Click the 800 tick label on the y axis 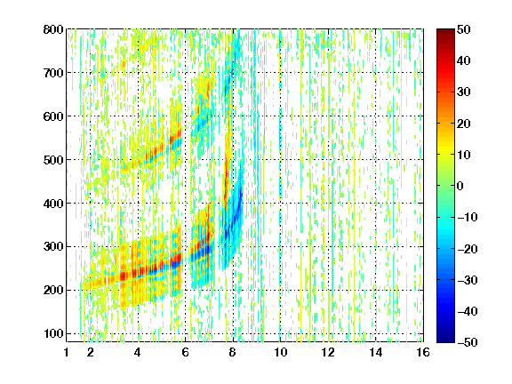click(x=53, y=29)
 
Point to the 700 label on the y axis click(x=53, y=73)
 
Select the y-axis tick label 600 click(x=53, y=116)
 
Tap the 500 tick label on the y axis click(x=53, y=160)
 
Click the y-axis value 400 click(x=53, y=204)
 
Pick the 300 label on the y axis click(x=53, y=246)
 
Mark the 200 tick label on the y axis click(x=53, y=290)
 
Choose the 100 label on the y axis click(x=53, y=333)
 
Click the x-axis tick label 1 click(x=67, y=352)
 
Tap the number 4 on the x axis click(x=138, y=352)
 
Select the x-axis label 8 click(x=233, y=352)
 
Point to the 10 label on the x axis click(x=281, y=352)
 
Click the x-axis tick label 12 click(x=328, y=352)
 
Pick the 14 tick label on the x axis click(x=376, y=352)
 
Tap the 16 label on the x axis click(x=423, y=352)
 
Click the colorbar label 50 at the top click(x=463, y=29)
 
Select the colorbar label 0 click(x=460, y=186)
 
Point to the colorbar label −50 click(x=468, y=342)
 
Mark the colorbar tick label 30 click(x=463, y=92)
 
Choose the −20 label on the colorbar click(x=468, y=249)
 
